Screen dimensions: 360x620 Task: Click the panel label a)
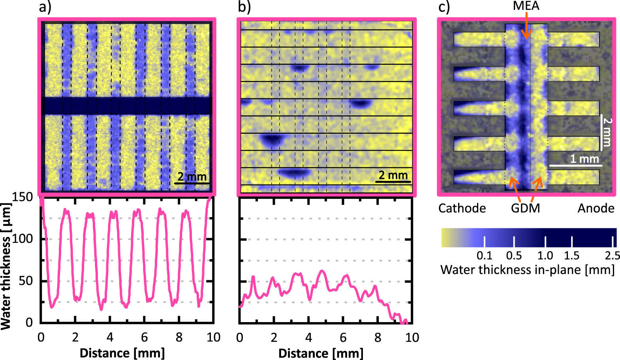click(45, 8)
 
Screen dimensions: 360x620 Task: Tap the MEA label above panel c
click(526, 6)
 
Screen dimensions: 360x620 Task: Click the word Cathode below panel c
click(462, 208)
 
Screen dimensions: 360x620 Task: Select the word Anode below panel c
click(596, 208)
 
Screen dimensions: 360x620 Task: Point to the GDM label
click(525, 208)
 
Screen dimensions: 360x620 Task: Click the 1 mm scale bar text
click(584, 159)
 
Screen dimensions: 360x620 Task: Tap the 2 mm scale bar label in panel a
click(192, 177)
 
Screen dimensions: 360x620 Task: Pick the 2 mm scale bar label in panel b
click(393, 175)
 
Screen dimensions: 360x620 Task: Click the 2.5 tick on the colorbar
click(612, 256)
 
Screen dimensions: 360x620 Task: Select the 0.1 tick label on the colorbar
click(484, 256)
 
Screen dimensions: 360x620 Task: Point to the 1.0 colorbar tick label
click(545, 256)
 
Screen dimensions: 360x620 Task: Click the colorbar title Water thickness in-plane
click(527, 270)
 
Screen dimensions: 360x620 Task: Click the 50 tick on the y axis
click(26, 281)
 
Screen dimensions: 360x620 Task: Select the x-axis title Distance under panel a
click(122, 353)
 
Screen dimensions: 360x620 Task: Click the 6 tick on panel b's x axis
click(343, 337)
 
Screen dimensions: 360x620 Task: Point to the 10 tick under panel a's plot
click(213, 337)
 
